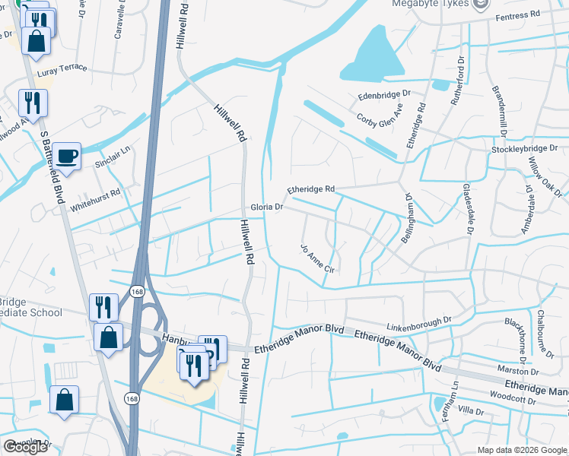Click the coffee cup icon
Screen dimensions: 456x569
(x=67, y=155)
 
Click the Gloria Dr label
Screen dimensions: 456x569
(x=267, y=207)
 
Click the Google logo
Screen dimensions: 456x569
(x=26, y=447)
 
